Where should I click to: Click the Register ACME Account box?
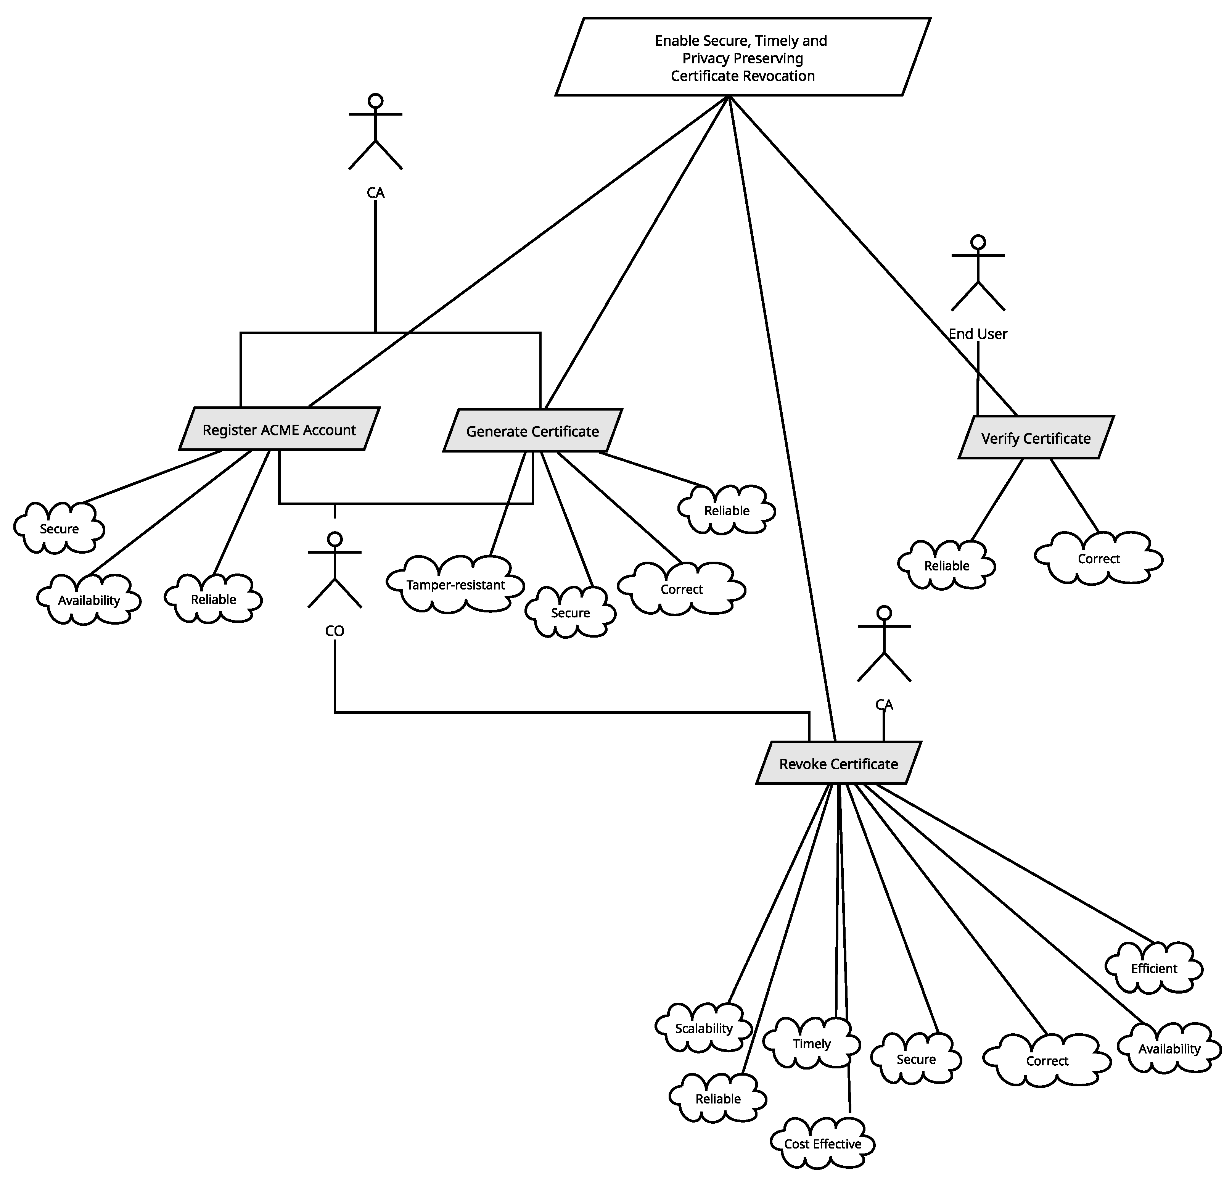279,430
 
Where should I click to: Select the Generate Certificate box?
532,431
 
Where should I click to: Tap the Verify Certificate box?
1036,438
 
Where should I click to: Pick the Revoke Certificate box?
838,764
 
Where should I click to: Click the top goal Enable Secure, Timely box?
742,58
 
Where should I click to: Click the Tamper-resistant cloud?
456,585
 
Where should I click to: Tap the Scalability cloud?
703,1028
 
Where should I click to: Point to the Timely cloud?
812,1044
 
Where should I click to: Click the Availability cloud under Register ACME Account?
88,600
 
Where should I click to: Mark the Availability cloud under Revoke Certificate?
1169,1049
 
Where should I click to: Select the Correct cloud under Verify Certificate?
1099,558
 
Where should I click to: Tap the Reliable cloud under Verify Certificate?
947,565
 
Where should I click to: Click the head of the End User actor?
978,242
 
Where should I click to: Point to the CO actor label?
335,631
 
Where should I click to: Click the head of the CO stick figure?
335,539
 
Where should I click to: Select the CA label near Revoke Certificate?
884,704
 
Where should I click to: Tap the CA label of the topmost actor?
375,192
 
